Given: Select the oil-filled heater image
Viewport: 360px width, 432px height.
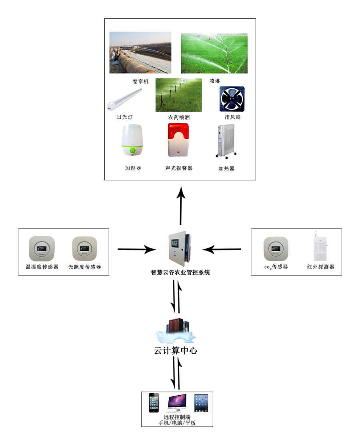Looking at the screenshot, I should tap(226, 141).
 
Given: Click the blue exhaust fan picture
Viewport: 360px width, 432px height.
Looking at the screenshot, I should tap(232, 99).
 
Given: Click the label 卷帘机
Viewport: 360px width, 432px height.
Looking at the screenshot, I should tap(140, 81).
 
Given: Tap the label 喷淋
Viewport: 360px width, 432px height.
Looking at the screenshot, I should tap(215, 81).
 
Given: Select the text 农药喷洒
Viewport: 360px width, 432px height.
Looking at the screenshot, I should tap(179, 118).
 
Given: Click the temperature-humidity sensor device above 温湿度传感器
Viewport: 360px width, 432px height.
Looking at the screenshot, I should tap(42, 249).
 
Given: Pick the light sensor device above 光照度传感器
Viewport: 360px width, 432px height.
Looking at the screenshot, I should tap(84, 249).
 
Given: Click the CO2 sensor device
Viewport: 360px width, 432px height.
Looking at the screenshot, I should tap(276, 249).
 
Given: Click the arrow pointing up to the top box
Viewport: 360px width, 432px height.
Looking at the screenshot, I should tap(181, 204).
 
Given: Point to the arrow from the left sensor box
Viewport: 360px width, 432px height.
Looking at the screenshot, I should tap(136, 250).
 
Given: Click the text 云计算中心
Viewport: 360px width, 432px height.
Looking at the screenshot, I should tap(176, 351).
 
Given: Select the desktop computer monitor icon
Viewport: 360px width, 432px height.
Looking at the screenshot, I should tap(177, 403).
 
